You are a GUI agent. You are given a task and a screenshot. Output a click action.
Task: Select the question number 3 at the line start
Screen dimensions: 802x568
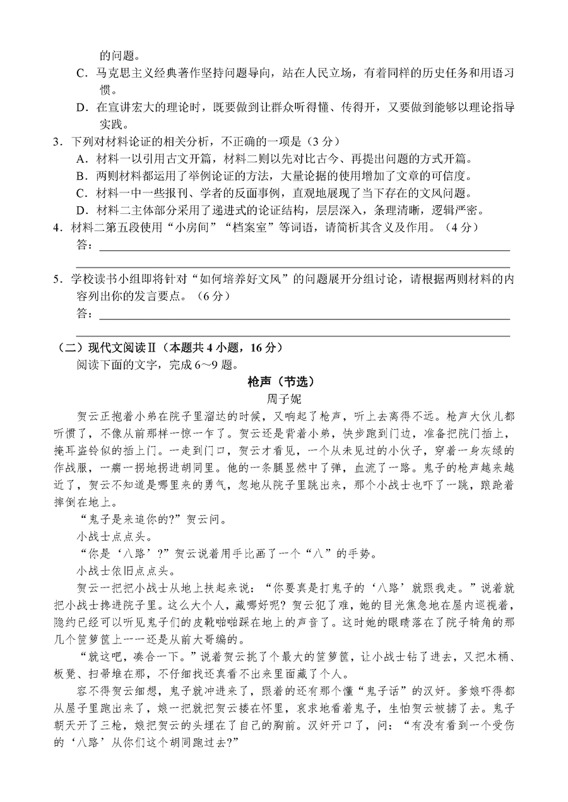(x=56, y=139)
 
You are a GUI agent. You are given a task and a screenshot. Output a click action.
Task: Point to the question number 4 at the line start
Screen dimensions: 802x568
(x=56, y=227)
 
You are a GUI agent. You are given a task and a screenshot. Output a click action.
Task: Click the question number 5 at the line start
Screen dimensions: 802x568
(x=56, y=279)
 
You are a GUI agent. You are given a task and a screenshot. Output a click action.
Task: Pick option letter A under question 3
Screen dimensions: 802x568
(x=80, y=157)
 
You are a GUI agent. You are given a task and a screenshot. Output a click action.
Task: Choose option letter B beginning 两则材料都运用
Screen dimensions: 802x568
(x=80, y=175)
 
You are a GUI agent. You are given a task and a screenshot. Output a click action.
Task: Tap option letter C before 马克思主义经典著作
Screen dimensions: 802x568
(x=80, y=73)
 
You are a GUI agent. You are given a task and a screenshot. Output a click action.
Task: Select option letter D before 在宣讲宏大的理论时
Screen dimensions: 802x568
(x=80, y=108)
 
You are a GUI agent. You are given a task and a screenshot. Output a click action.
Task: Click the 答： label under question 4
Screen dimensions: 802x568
(x=84, y=245)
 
